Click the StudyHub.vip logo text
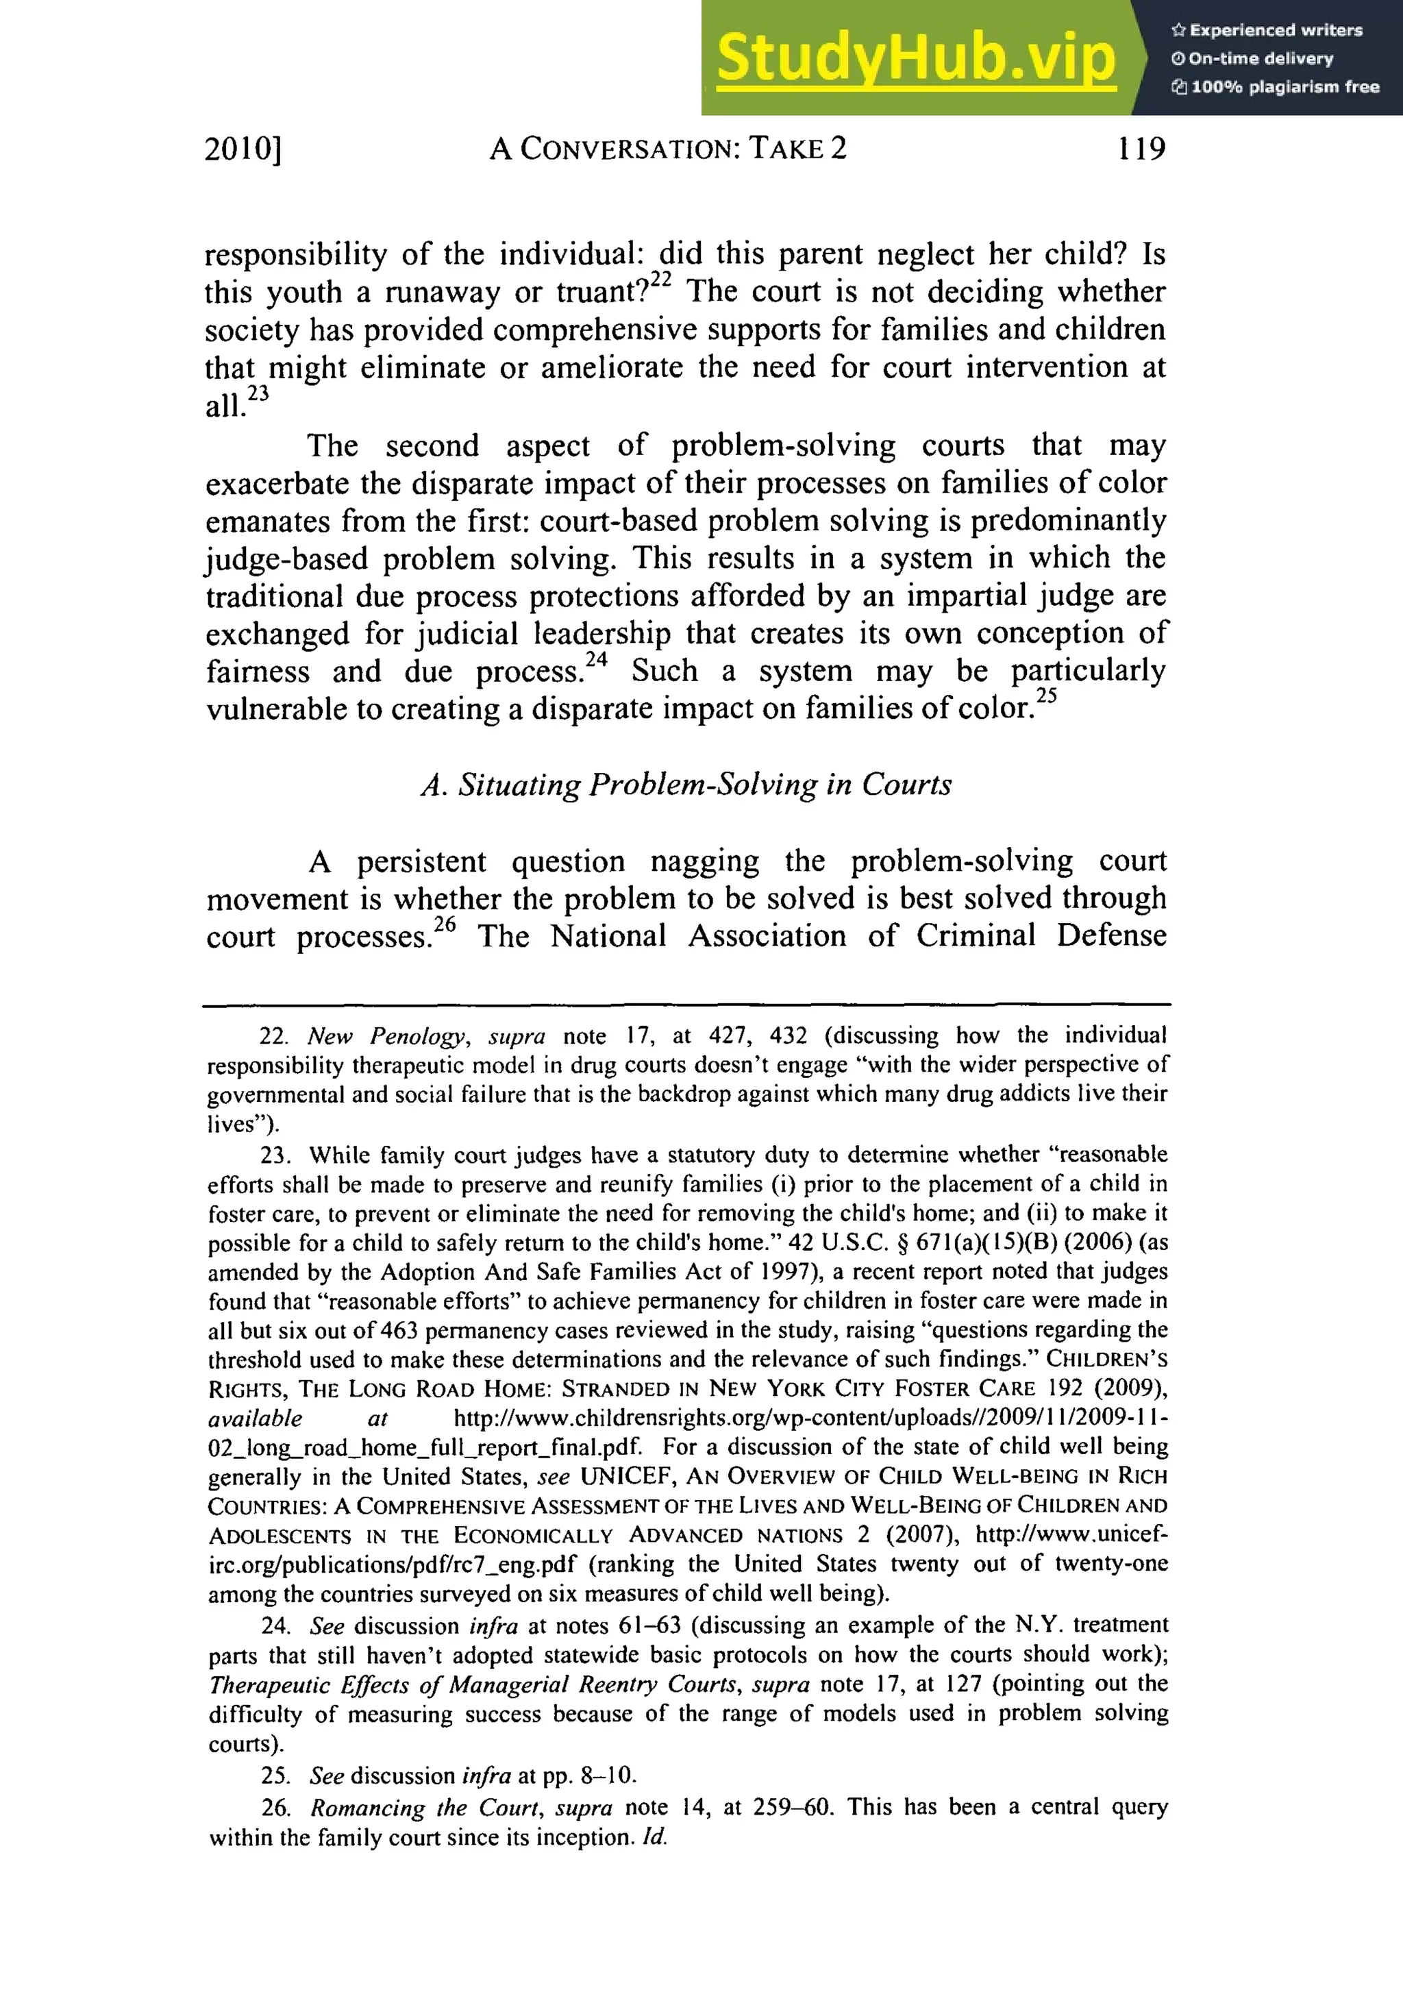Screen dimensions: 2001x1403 click(915, 58)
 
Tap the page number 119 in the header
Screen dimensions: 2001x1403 click(1141, 149)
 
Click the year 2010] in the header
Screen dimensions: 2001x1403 click(243, 150)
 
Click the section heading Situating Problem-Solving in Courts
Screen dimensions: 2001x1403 click(686, 785)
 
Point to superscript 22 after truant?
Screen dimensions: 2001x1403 click(661, 280)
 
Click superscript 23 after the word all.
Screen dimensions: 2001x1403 click(258, 394)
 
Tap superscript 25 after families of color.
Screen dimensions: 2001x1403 click(1047, 696)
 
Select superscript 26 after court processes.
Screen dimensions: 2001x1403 click(445, 924)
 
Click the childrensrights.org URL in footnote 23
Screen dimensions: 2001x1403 click(810, 1419)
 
